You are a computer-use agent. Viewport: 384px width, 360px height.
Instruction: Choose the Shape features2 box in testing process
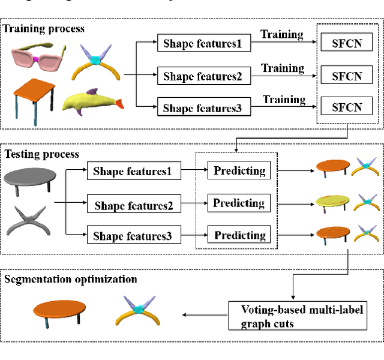pos(133,205)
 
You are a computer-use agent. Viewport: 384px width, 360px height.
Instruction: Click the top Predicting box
pos(239,171)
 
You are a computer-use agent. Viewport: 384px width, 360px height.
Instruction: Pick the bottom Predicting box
pos(239,235)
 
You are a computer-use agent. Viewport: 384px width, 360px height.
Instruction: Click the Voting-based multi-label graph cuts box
pos(297,316)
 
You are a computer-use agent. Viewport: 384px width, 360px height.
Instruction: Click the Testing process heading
pos(42,154)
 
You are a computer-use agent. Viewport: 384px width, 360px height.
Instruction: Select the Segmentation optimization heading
pos(71,279)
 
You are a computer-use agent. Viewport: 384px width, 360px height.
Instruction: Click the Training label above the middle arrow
pos(282,68)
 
